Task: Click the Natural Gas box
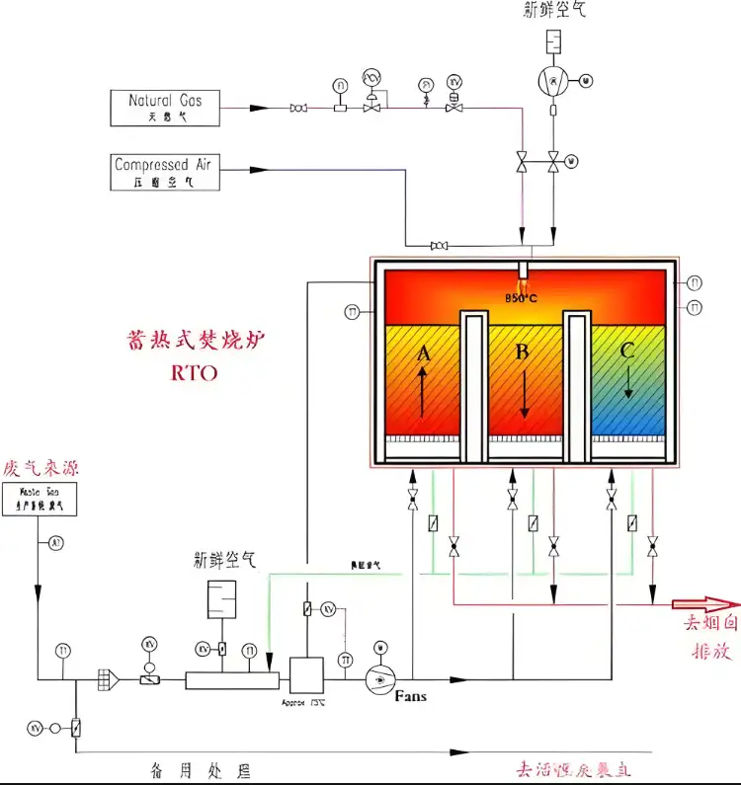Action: [x=165, y=108]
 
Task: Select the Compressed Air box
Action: [x=165, y=171]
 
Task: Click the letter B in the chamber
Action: [x=524, y=353]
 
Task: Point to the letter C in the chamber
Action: [x=627, y=350]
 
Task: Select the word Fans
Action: [x=410, y=697]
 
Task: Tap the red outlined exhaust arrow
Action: [x=704, y=604]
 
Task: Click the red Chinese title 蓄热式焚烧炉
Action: [x=197, y=341]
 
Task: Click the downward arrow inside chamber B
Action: [x=525, y=395]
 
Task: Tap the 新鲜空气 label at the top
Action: [x=555, y=11]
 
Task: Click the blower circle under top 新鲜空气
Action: [x=552, y=78]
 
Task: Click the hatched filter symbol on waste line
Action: [x=103, y=679]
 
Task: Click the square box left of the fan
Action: [x=306, y=675]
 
